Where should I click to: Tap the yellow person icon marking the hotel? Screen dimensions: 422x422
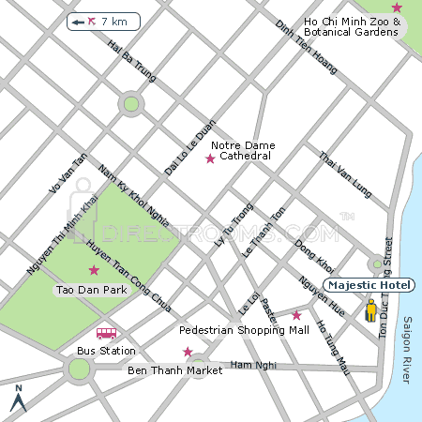(371, 309)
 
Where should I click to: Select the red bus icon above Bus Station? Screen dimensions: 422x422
(106, 333)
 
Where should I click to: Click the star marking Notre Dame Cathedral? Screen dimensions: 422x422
(210, 159)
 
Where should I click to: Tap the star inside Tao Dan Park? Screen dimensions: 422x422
(93, 271)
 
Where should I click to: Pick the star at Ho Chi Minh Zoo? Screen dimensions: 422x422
(397, 8)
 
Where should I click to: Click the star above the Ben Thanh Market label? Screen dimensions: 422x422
(188, 353)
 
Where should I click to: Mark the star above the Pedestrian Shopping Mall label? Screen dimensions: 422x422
(296, 315)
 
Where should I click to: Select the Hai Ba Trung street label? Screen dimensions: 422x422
(130, 58)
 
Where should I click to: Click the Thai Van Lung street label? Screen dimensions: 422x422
(346, 175)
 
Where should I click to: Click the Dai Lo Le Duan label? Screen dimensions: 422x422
(190, 148)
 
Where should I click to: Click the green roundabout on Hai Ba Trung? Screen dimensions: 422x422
(131, 104)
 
